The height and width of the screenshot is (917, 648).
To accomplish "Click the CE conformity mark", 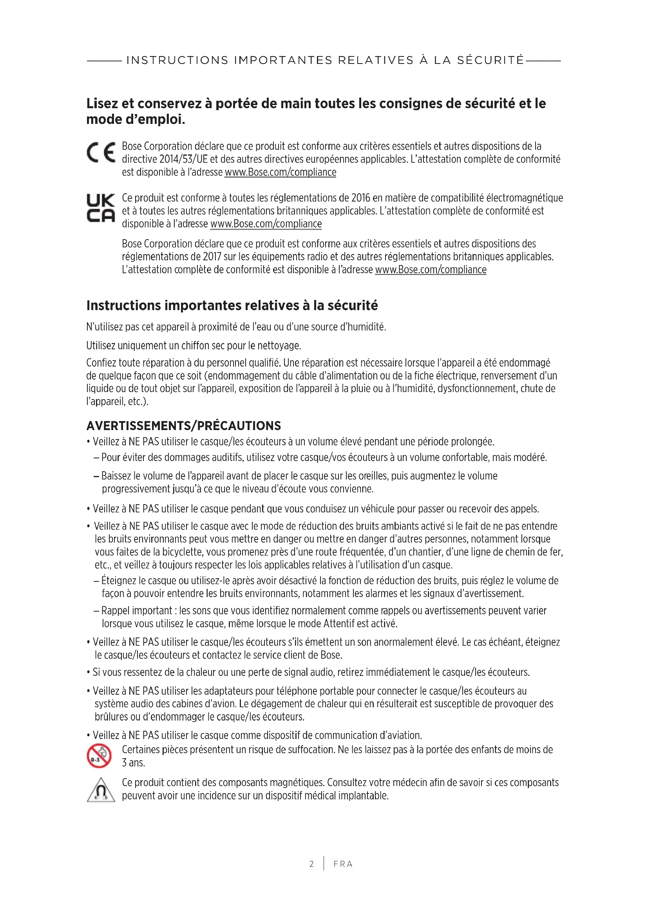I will [101, 153].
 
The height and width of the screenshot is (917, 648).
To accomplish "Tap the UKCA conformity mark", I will [101, 208].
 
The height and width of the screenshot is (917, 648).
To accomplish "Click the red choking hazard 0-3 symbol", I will [99, 756].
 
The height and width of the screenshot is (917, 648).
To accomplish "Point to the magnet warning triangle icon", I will [101, 790].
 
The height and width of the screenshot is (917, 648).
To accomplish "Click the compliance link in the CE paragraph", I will [281, 172].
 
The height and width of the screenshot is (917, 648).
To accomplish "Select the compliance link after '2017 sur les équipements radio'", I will [431, 270].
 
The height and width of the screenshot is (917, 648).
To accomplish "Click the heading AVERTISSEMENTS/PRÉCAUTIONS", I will [183, 426].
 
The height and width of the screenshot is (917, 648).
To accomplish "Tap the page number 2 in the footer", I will [311, 864].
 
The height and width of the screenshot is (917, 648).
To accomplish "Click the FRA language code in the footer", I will [343, 864].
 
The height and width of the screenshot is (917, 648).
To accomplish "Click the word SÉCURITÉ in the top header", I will [490, 60].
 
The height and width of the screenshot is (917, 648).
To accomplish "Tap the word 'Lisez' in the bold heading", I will [102, 104].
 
